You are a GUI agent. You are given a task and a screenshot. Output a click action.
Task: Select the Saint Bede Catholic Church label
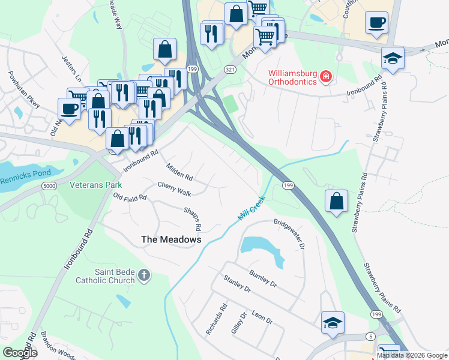105,275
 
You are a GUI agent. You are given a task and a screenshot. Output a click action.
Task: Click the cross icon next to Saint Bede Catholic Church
143,275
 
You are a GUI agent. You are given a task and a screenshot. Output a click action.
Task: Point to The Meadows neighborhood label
170,239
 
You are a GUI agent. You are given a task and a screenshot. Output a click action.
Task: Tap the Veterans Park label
95,185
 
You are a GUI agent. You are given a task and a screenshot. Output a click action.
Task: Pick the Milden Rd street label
179,173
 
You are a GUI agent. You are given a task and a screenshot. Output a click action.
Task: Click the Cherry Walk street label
174,188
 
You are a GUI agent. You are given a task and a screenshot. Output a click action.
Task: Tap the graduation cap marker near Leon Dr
333,323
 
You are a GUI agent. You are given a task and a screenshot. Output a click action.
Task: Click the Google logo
20,352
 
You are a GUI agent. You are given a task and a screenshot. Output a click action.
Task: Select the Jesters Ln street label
71,69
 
